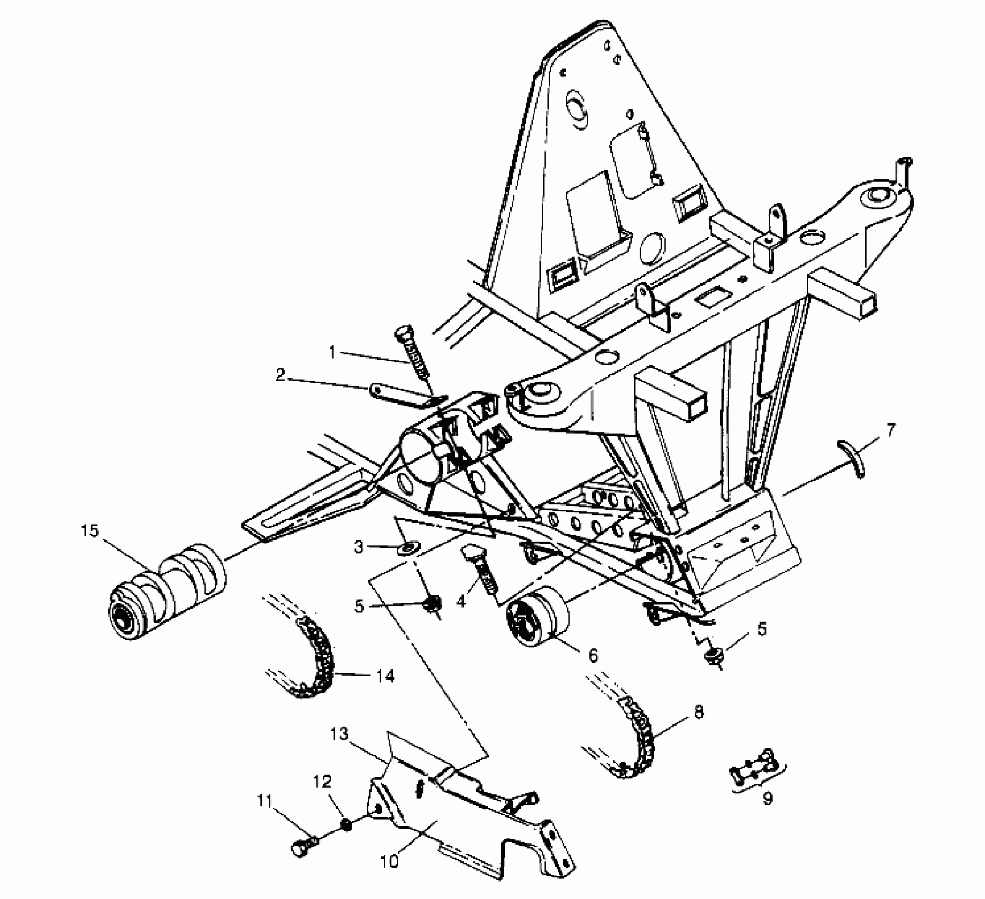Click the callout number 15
point(90,530)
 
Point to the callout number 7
point(891,432)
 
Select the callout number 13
point(340,735)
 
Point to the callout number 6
point(592,656)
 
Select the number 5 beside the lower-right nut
point(761,630)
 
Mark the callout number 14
point(386,676)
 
